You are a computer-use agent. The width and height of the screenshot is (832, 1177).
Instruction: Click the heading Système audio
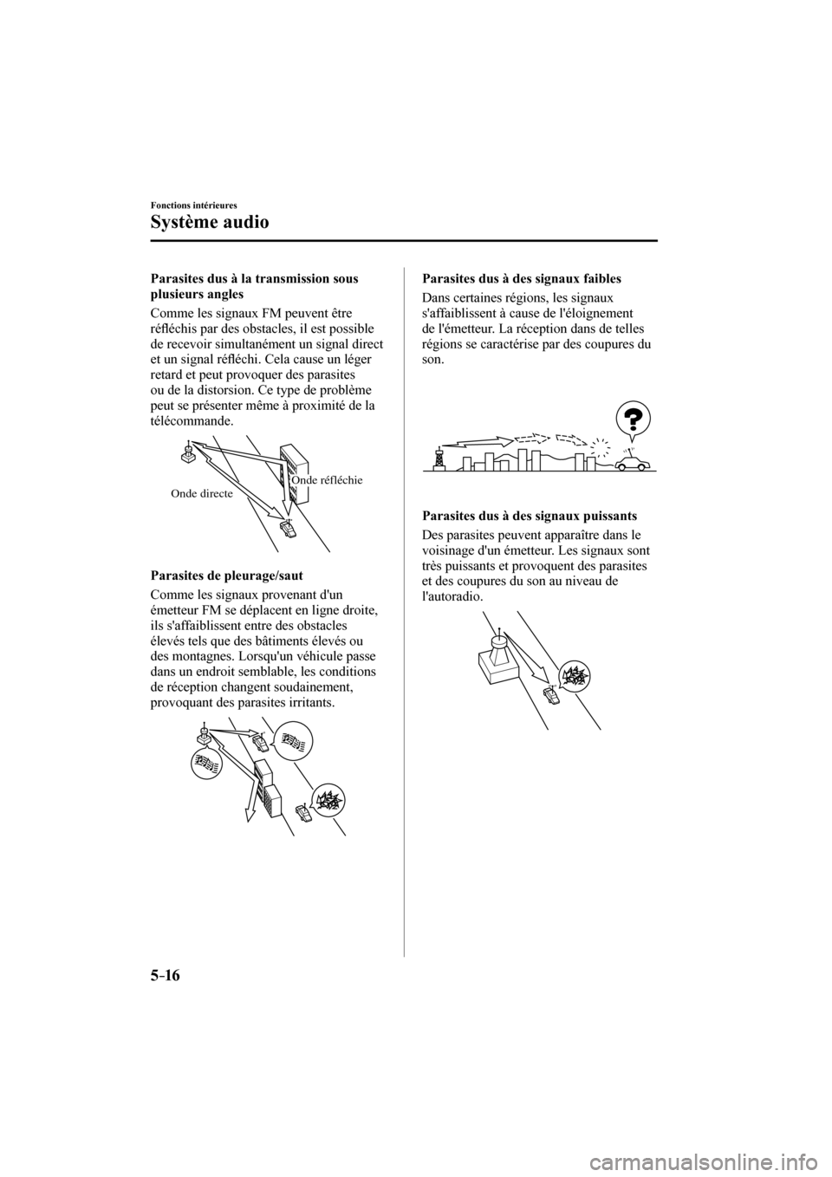209,222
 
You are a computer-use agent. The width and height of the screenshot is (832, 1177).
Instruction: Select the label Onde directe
201,493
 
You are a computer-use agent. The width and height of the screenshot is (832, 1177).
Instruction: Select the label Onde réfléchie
327,479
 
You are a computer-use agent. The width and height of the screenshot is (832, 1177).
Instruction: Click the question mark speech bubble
634,420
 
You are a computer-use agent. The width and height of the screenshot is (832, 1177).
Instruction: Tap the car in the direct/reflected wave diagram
288,528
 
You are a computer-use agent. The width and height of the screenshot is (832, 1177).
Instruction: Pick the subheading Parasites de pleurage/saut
227,575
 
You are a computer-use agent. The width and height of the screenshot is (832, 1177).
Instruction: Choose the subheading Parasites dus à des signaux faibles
520,279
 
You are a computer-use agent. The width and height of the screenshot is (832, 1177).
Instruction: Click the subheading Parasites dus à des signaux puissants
530,516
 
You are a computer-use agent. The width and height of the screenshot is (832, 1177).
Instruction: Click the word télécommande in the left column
190,420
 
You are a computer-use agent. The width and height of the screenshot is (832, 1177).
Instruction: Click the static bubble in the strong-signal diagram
574,674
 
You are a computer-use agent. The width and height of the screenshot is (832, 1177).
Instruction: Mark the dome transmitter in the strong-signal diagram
499,646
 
